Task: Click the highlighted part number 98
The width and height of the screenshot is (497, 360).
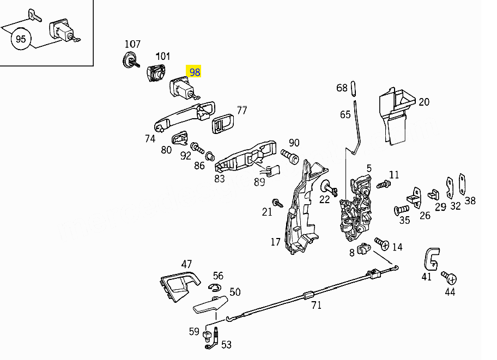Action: click(194, 72)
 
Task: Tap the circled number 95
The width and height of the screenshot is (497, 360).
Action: click(21, 39)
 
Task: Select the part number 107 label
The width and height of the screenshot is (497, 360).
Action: click(132, 44)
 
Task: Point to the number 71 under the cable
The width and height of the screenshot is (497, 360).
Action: click(317, 305)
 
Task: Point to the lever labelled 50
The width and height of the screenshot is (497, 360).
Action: click(210, 304)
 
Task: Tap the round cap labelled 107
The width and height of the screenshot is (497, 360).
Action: click(130, 60)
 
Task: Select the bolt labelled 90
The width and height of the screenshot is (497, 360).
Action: click(290, 157)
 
